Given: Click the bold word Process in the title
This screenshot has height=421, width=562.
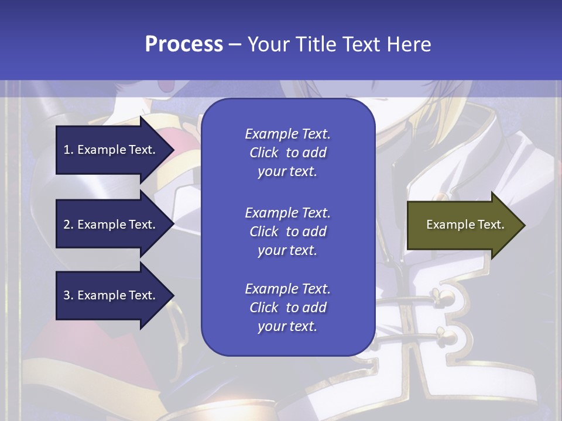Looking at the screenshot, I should coord(184,44).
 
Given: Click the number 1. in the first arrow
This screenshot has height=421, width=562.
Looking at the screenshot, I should coord(68,150).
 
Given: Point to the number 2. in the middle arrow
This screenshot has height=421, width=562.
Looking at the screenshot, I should coord(68,225).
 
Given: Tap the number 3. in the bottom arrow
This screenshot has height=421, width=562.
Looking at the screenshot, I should coord(68,295).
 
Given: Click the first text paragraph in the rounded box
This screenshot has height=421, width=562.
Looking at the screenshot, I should coord(287,153).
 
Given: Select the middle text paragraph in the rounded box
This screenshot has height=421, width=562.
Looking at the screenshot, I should coord(287,232).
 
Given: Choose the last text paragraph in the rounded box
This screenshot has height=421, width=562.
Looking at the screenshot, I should coord(287,308).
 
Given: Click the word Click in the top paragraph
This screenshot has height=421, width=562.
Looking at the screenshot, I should coord(263,153).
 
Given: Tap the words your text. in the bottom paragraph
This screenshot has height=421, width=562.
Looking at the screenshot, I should coord(287,326).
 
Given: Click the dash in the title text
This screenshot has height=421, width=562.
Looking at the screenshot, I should coord(235,44).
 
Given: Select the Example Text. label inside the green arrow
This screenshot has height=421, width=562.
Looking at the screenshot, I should coord(465,225).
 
